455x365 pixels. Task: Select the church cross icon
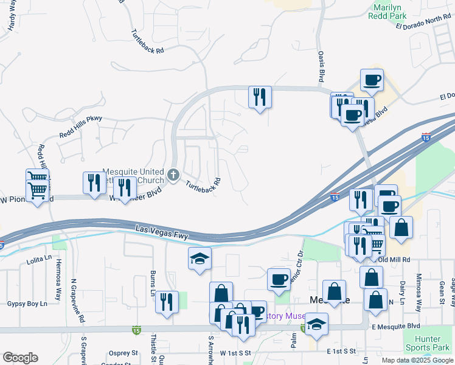(x=173, y=176)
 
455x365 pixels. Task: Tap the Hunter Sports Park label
(x=431, y=343)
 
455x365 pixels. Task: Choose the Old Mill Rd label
(x=395, y=260)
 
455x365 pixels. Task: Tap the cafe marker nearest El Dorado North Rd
(x=372, y=79)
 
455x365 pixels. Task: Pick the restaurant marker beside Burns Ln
(x=166, y=302)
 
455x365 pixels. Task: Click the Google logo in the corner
(x=19, y=358)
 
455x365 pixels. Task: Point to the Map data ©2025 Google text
(x=417, y=360)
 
